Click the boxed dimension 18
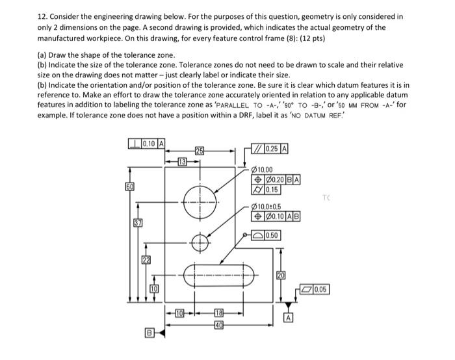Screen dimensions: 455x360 (219, 314)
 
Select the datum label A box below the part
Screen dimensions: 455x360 (288, 318)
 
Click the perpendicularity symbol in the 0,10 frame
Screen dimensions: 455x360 (134, 143)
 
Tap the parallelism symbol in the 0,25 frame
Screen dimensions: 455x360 (260, 148)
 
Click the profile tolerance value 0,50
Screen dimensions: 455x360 (270, 235)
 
